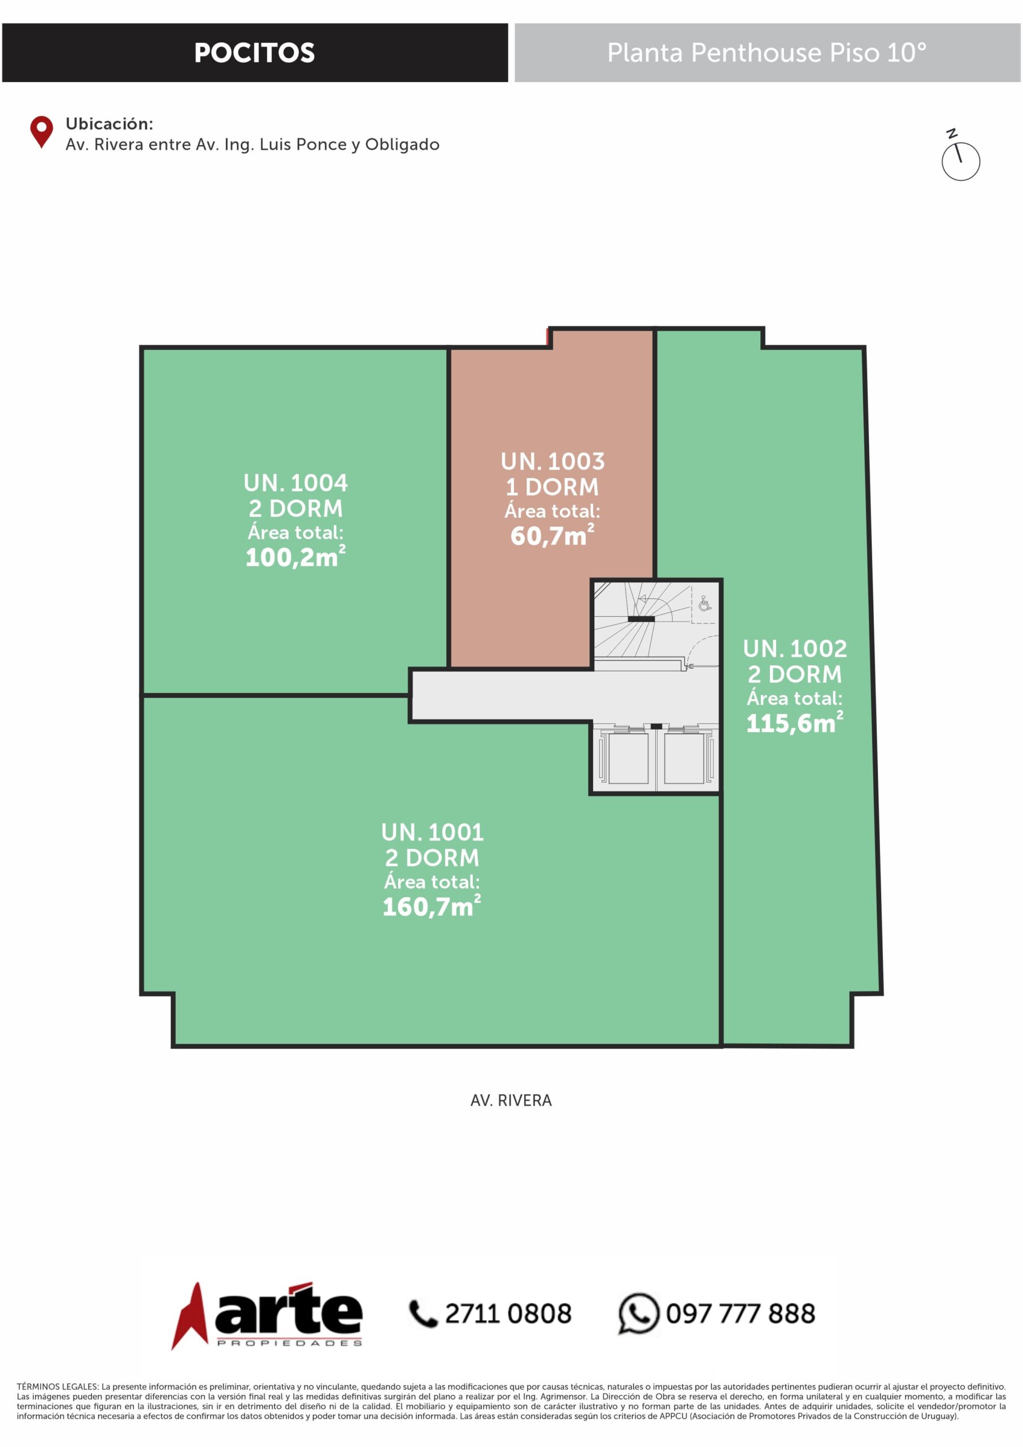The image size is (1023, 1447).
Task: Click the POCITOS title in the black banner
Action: coord(255,53)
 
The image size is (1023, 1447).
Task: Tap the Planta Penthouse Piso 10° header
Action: coord(767,53)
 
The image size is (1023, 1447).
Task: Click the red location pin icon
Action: coord(42,132)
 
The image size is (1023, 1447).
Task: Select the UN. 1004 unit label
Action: coord(295,483)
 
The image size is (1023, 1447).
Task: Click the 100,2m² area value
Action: coord(295,557)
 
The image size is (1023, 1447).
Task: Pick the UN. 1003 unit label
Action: coord(552,462)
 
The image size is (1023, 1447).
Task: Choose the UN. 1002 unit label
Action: coord(794,649)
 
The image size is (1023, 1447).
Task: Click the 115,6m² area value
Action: coord(794,722)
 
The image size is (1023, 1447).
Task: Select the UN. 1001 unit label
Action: coord(432,833)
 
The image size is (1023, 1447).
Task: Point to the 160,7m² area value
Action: coord(432,906)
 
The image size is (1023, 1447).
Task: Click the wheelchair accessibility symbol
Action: coord(705,604)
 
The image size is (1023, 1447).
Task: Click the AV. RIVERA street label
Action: coord(511,1101)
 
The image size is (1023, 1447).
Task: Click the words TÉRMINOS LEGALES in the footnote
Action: coord(57,1387)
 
